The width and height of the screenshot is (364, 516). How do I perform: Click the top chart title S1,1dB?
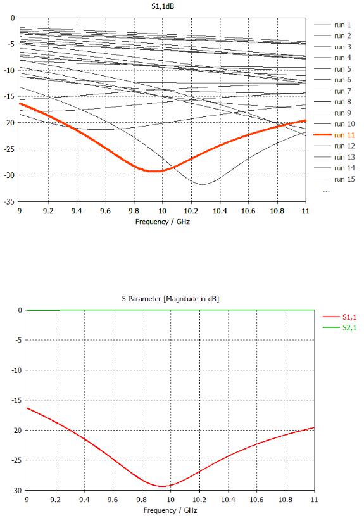coord(163,6)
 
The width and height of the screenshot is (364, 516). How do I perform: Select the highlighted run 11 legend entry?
coord(334,135)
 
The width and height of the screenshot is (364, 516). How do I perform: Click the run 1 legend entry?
coord(332,25)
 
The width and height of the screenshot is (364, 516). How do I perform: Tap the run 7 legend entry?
coord(332,91)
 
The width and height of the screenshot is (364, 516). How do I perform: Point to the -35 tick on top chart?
coord(11,201)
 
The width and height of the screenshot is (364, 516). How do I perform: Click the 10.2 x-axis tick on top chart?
coord(191,211)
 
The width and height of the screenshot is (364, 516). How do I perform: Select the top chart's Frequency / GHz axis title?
coord(163,222)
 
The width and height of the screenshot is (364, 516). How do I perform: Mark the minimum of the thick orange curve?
coord(153,171)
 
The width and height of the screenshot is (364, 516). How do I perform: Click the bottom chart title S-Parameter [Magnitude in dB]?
coord(170,299)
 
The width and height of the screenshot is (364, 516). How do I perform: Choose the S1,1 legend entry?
coord(340,317)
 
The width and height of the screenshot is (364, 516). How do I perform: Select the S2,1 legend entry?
coord(340,328)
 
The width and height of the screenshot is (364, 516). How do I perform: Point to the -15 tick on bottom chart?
coord(18,400)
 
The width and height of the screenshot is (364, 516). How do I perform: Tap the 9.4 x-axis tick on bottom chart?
coord(84,500)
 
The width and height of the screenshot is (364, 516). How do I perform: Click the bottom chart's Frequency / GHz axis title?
coord(170,510)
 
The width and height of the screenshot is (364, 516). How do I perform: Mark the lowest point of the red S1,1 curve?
coord(163,486)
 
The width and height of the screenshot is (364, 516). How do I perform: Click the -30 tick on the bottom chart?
coord(18,490)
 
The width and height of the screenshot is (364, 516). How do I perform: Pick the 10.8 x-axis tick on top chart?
coord(277,211)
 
